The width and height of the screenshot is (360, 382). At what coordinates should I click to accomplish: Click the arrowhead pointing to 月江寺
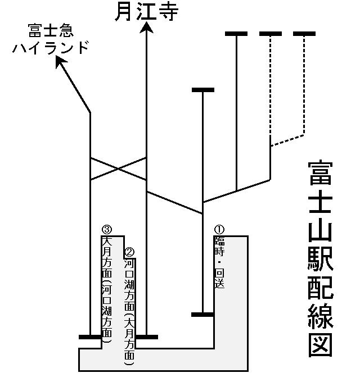coord(146,28)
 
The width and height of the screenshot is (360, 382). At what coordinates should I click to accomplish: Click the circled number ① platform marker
coord(219,229)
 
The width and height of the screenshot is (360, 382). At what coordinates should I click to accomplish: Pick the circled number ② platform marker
coord(129,252)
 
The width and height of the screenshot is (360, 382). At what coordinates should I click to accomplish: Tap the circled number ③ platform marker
coord(107,229)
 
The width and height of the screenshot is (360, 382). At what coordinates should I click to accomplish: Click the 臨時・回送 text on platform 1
coord(219,262)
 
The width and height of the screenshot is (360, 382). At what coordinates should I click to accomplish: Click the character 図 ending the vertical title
coord(321,342)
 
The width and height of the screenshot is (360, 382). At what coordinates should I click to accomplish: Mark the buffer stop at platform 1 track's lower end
coord(202,315)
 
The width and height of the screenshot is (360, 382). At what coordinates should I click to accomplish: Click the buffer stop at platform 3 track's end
coord(90,337)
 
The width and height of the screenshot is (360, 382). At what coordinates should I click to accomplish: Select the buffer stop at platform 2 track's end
coord(147,337)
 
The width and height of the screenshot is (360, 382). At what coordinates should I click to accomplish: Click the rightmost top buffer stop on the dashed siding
coord(304,34)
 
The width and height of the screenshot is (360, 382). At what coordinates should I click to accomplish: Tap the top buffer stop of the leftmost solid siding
coord(202,90)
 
